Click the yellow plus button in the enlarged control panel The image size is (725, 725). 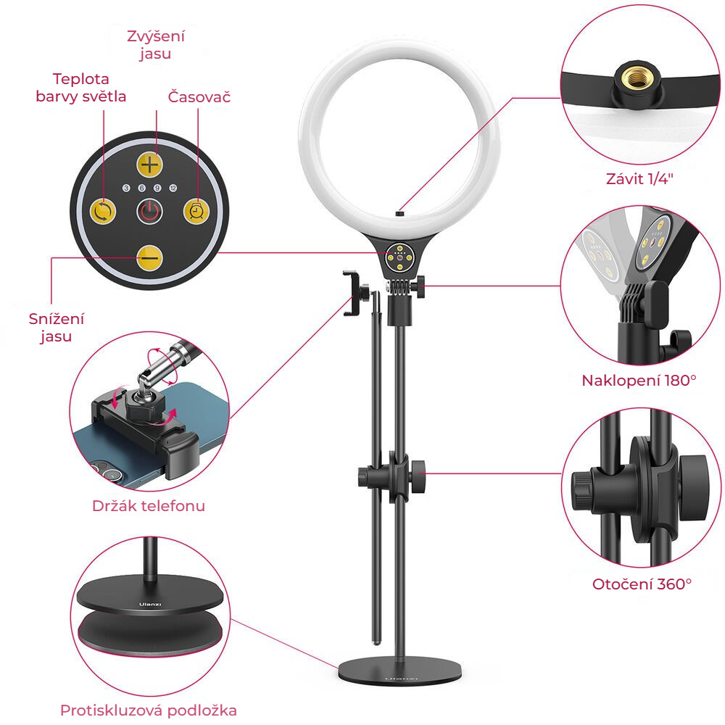point(150,164)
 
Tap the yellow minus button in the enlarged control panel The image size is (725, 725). point(150,257)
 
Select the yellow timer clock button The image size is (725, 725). point(196,211)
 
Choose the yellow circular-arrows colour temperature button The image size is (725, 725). point(103,211)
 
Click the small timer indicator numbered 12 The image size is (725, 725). point(173,188)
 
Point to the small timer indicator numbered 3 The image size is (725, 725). point(126,188)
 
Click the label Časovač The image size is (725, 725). point(199,96)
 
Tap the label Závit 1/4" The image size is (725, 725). point(639,179)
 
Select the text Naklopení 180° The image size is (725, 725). point(639,381)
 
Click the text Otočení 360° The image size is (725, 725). point(642,584)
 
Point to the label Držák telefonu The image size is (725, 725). point(149,506)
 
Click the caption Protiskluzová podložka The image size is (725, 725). point(149,710)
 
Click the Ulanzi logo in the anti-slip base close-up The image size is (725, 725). point(150,605)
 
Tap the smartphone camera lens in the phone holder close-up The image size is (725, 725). point(111,474)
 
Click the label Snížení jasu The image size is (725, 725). point(57,328)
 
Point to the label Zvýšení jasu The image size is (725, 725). point(156,45)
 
